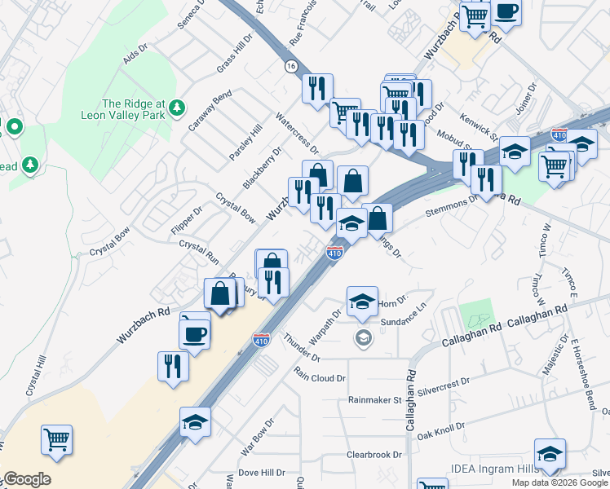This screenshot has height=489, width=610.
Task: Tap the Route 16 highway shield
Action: [290, 65]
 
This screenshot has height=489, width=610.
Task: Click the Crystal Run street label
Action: [199, 250]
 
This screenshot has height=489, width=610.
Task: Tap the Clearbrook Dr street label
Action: [375, 454]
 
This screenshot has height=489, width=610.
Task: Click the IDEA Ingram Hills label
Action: [494, 469]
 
